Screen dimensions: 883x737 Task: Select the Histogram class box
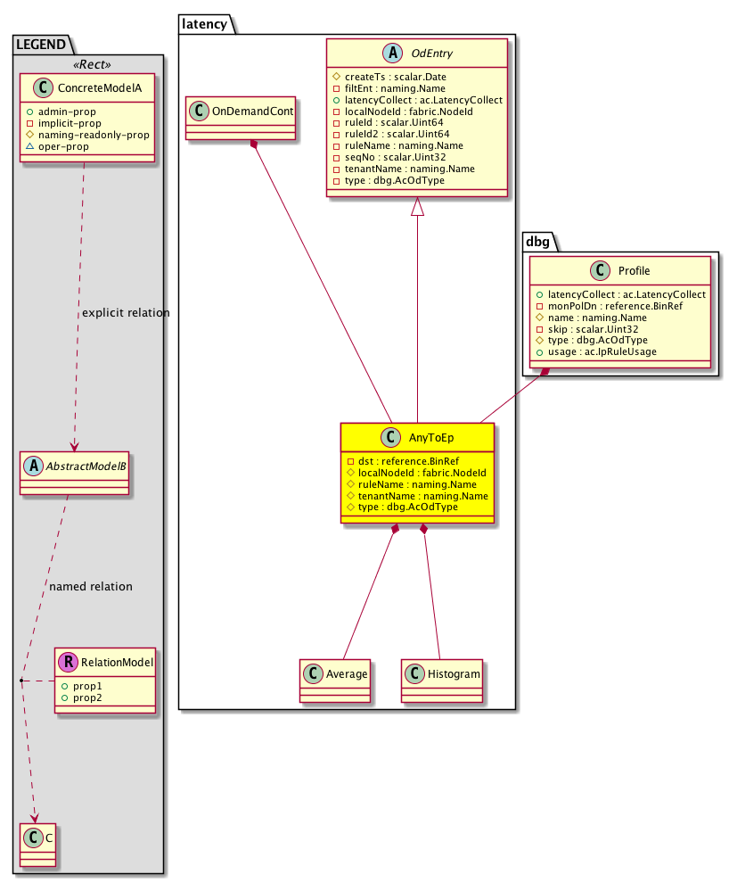[441, 674]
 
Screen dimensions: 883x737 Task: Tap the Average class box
[335, 674]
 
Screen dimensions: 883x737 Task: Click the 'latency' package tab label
[206, 25]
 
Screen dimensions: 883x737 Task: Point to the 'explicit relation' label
[125, 313]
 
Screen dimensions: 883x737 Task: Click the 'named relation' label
[90, 587]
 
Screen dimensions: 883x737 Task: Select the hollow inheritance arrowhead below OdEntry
[417, 208]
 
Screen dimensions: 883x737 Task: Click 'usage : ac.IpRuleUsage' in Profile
[594, 352]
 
